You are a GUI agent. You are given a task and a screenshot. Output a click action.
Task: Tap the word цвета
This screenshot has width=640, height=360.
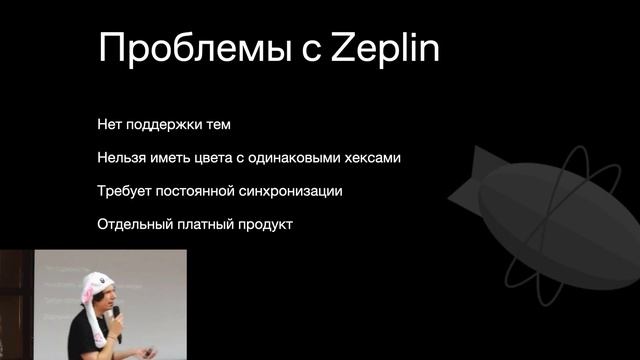(222, 159)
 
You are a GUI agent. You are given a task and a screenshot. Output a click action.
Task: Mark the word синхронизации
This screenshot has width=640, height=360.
(297, 191)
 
